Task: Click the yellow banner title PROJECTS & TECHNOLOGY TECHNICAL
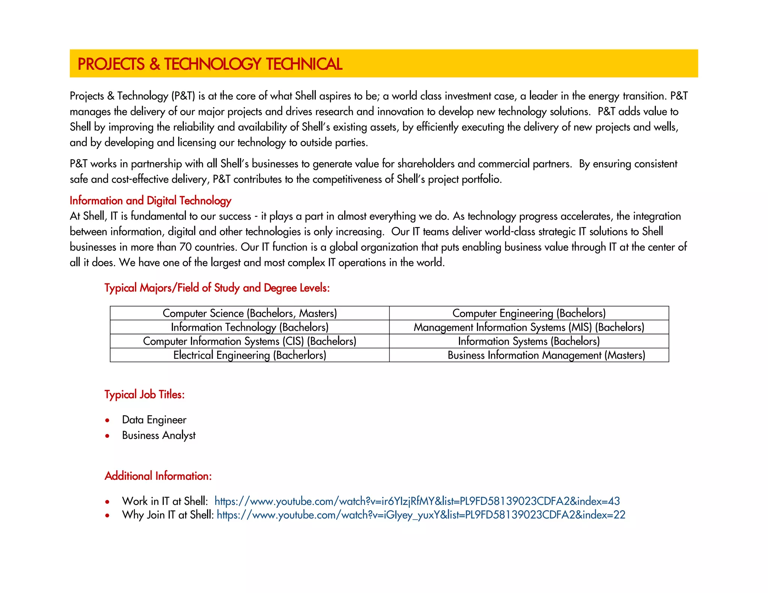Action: [210, 64]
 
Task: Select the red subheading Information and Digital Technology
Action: [150, 201]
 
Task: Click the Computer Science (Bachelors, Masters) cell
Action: [250, 313]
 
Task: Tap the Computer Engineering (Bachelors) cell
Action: [529, 313]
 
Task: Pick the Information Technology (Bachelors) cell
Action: [250, 327]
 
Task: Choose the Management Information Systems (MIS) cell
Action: [529, 327]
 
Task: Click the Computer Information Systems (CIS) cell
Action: [250, 341]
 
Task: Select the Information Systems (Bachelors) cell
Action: [529, 341]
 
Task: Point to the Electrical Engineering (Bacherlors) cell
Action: [250, 355]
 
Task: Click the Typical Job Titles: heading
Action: [144, 394]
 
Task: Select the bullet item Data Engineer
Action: [154, 420]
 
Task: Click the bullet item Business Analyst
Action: [159, 435]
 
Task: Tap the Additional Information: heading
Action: [158, 476]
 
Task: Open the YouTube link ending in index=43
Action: [417, 501]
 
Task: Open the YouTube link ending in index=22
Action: [421, 515]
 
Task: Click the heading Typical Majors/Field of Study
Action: [217, 288]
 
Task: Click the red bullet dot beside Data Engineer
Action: [108, 421]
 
